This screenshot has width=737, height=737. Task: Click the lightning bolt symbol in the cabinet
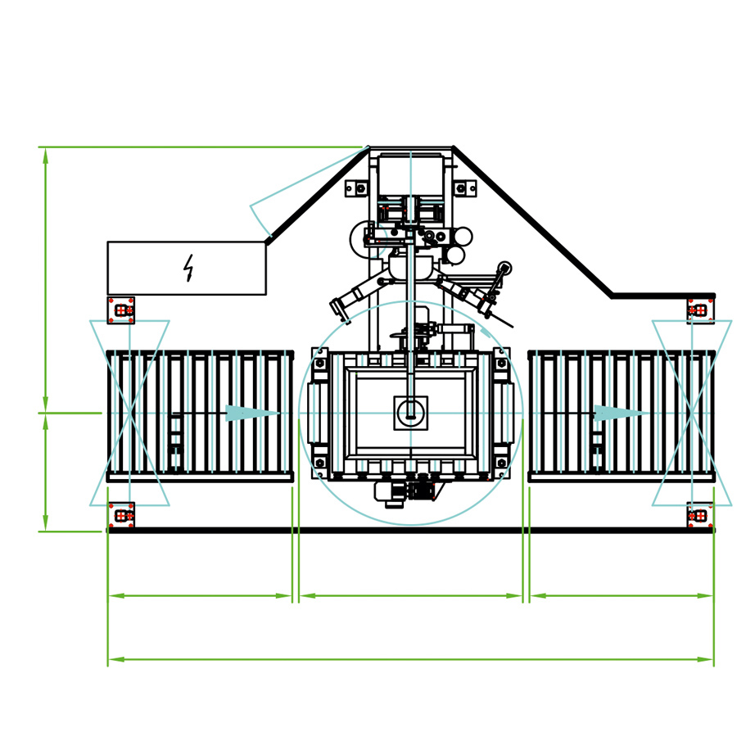pos(188,268)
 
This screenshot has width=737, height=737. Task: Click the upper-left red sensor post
pos(122,310)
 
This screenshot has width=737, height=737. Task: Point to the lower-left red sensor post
pos(122,516)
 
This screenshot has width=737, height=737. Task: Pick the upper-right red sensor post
pos(699,310)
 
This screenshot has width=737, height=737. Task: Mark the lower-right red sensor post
pos(699,516)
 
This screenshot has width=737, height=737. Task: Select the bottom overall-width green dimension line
pos(410,659)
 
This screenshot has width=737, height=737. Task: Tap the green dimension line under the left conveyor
pos(200,595)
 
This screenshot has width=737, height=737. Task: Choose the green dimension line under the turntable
pos(410,595)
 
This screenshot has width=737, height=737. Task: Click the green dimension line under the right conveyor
pos(622,595)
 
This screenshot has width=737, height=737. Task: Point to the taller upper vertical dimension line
pos(45,279)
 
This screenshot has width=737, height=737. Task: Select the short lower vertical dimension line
pos(45,472)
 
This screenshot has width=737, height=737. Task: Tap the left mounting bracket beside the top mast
pos(355,188)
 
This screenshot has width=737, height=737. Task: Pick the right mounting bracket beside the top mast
pos(465,188)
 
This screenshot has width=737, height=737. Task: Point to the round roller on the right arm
pos(504,268)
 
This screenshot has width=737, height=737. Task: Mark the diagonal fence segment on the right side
pos(532,221)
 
